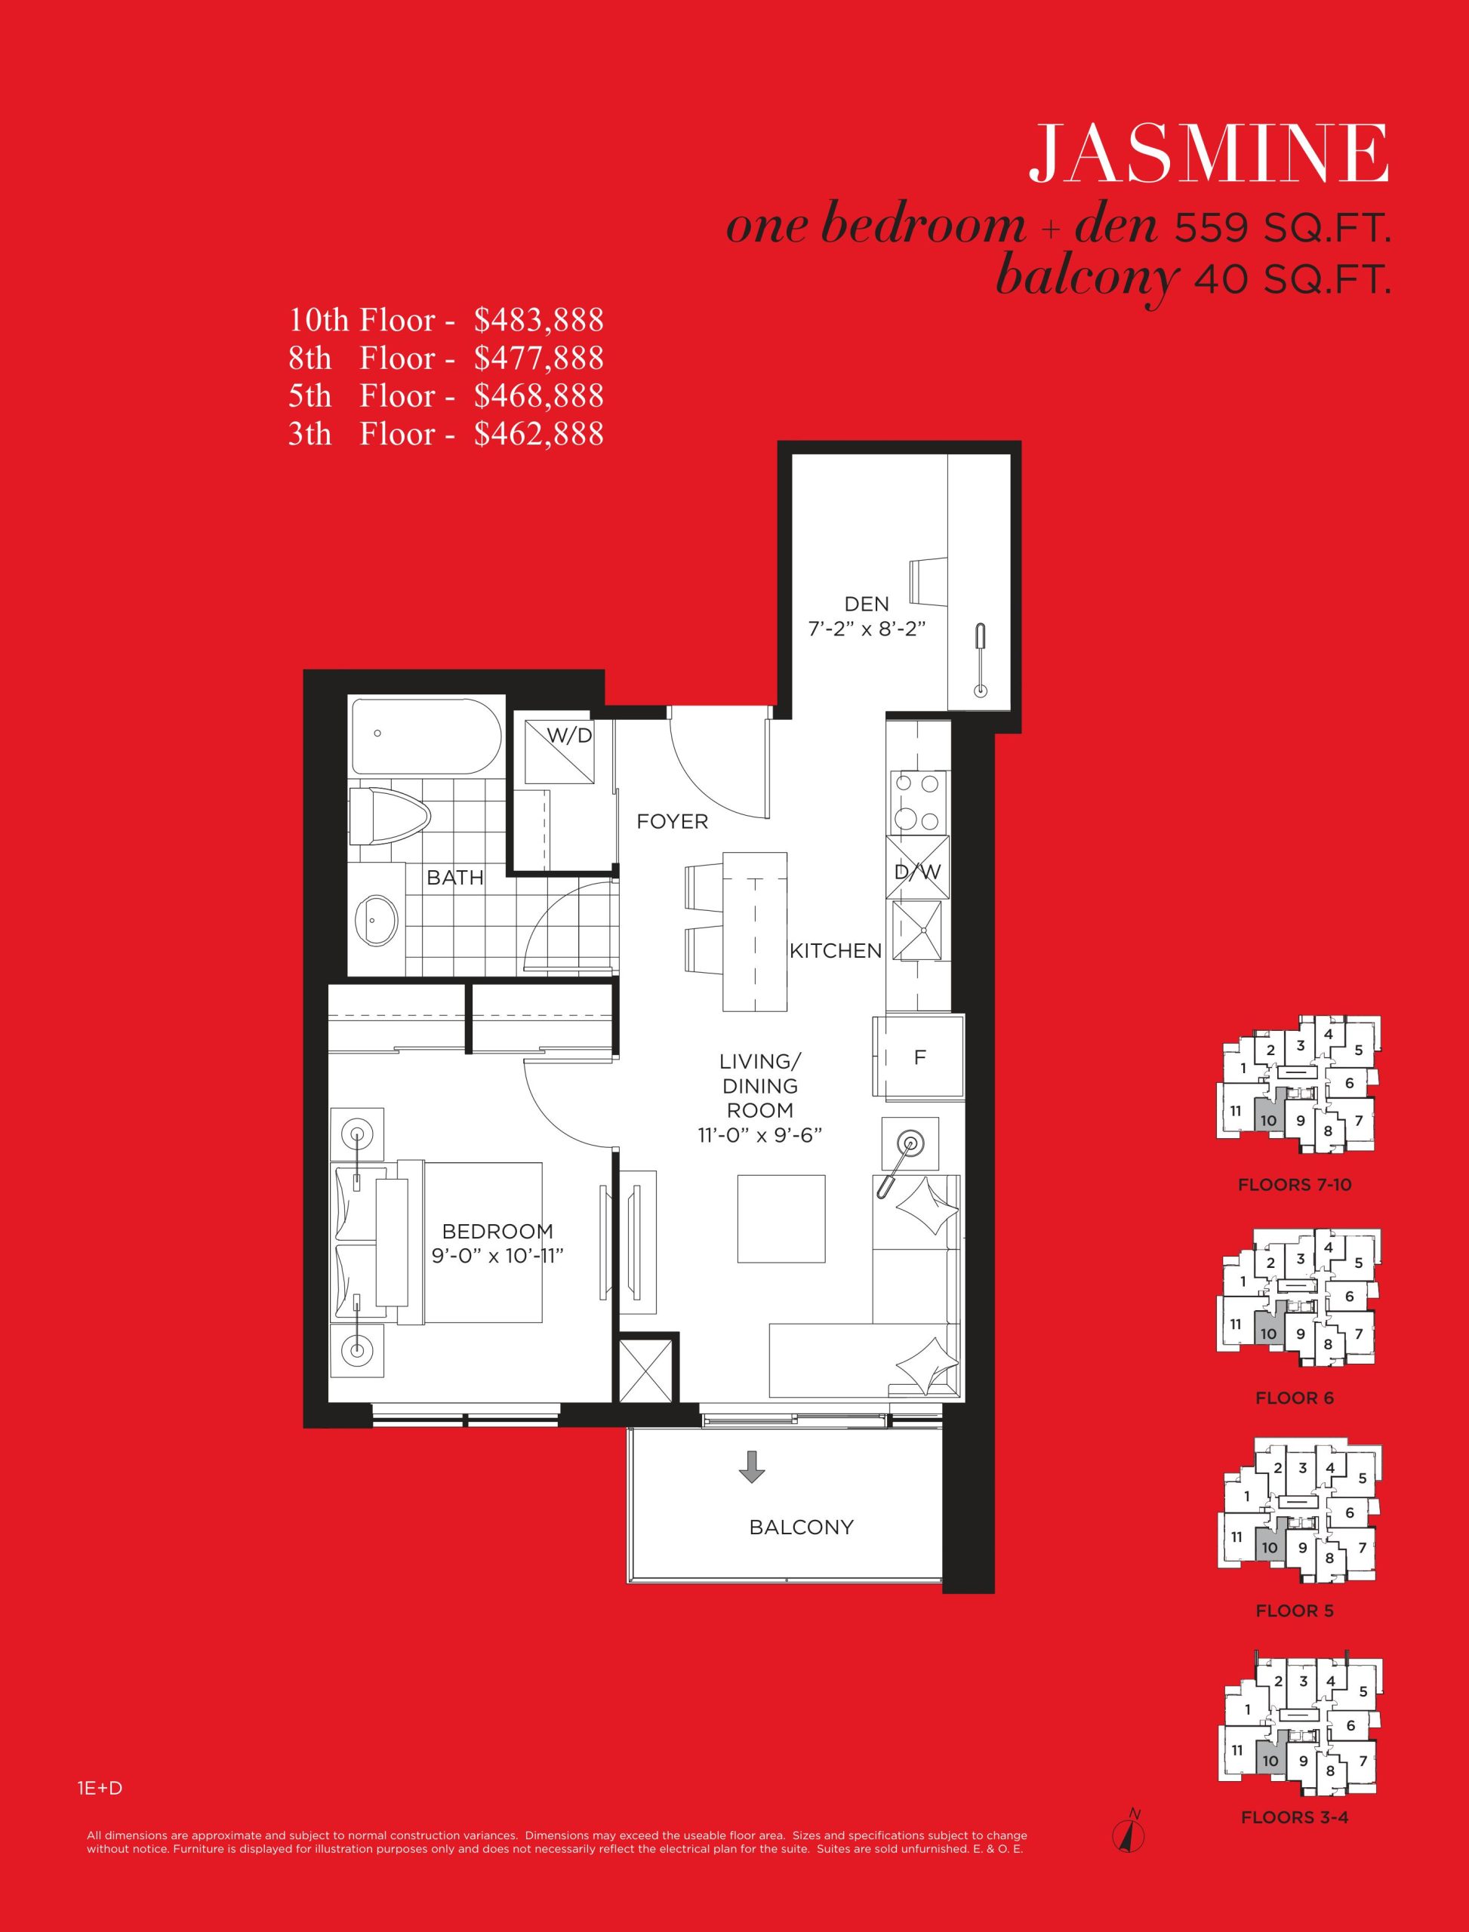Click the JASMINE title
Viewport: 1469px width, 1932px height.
1208,154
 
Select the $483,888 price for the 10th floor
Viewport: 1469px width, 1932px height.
539,320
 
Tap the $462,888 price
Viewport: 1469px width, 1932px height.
539,434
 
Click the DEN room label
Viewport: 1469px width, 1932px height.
867,603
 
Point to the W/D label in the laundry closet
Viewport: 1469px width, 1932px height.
570,736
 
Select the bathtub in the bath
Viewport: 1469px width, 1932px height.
426,736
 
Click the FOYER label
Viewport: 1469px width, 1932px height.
672,822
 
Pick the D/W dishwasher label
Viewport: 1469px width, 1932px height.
917,872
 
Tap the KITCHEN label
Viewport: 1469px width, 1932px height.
835,951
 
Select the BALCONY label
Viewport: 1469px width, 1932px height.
801,1527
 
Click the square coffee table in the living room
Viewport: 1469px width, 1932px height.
781,1219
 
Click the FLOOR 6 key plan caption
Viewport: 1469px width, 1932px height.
1294,1398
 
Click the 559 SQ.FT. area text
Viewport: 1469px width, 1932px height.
1281,229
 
